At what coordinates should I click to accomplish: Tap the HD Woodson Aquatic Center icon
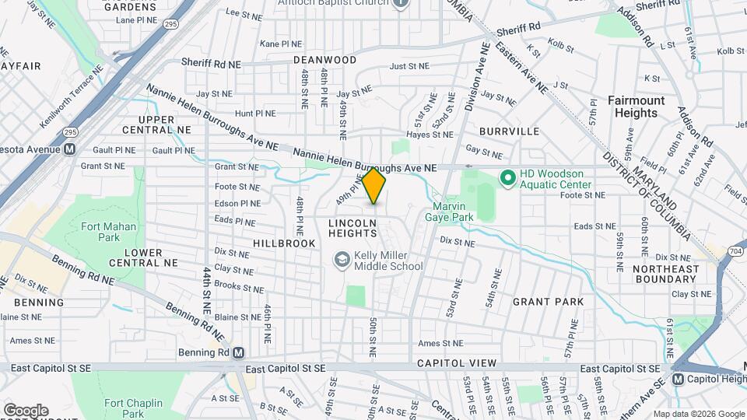tap(507, 179)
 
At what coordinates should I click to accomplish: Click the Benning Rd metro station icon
tap(238, 352)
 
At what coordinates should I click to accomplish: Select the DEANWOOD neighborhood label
tap(324, 60)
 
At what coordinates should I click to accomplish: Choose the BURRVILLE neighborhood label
tap(509, 131)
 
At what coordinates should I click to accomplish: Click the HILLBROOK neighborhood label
tap(284, 243)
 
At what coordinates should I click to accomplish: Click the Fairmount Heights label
tap(637, 107)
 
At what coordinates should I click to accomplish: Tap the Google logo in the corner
tap(25, 410)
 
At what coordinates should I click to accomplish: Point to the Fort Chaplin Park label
tap(135, 408)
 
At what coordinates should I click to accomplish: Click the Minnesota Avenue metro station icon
tap(69, 149)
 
